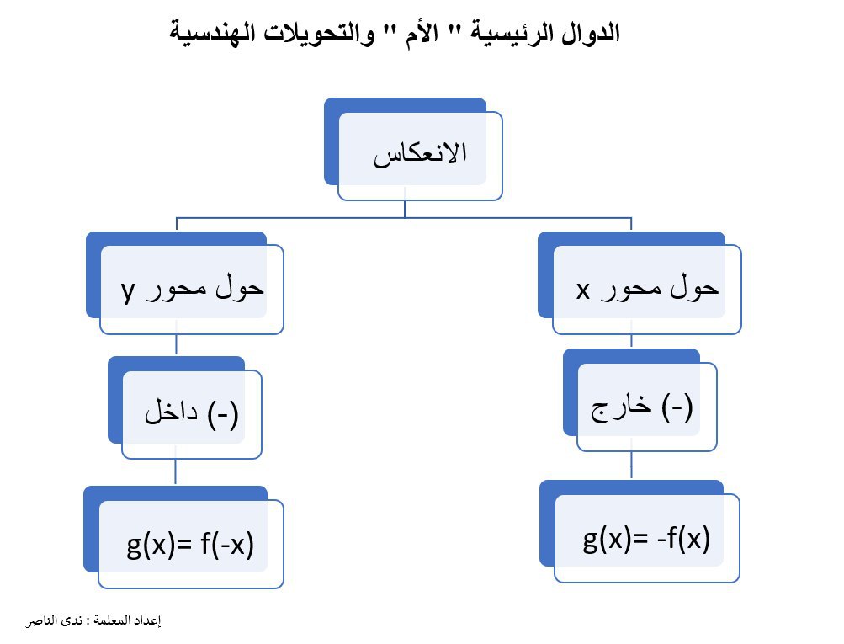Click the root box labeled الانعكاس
coord(413,149)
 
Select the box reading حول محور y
coord(184,283)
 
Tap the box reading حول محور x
coord(640,283)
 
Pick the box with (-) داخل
coord(184,407)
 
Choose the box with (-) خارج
coord(640,400)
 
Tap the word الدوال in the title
coord(591,33)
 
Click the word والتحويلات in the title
coord(319,34)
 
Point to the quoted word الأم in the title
coord(422,34)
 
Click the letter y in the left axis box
coord(128,291)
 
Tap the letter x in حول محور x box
coord(583,290)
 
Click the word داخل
coord(171,412)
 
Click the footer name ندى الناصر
coord(55,620)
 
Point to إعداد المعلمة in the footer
coord(127,620)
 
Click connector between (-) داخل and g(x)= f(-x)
coord(176,472)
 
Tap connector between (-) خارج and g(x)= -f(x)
coord(631,466)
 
